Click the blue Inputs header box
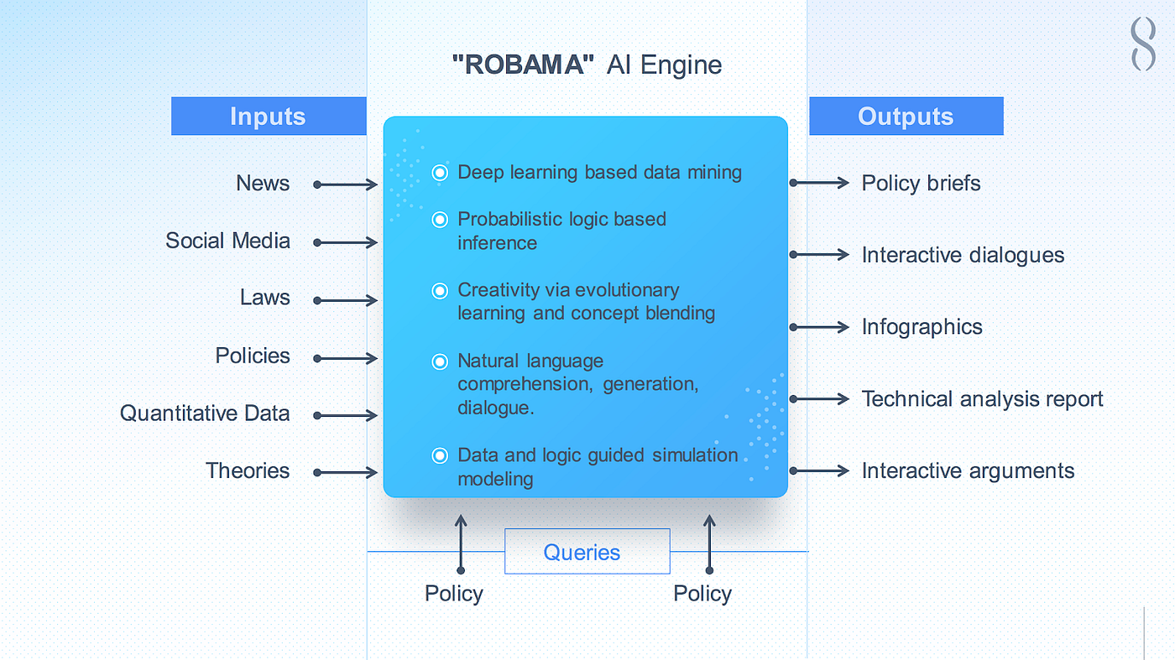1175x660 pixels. click(x=269, y=117)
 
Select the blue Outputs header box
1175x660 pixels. click(x=906, y=117)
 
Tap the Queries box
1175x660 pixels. click(x=587, y=552)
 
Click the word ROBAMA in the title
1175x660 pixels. click(x=519, y=65)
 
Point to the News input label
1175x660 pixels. click(x=263, y=184)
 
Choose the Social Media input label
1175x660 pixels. click(x=227, y=242)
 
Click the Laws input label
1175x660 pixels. click(x=265, y=299)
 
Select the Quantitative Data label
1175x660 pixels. click(x=205, y=413)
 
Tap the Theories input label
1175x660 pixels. click(x=248, y=471)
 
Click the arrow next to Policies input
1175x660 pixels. click(x=346, y=358)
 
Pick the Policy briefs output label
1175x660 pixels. click(x=921, y=184)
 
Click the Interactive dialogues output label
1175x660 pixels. click(x=963, y=255)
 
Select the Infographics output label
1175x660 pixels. click(x=922, y=327)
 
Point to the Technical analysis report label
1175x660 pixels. click(x=982, y=399)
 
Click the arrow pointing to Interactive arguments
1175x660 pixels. click(x=820, y=471)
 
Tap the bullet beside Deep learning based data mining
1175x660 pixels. click(x=440, y=173)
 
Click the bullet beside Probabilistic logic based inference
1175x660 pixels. click(x=440, y=220)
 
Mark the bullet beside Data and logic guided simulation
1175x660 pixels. click(x=440, y=455)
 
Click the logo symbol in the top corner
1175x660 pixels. click(x=1143, y=44)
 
